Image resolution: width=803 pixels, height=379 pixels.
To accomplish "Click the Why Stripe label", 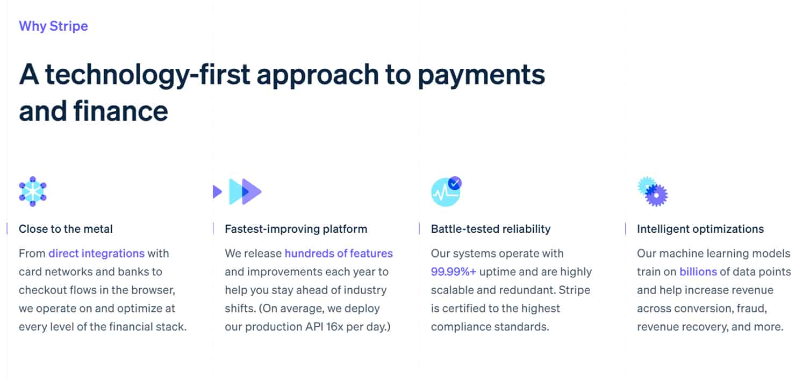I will point(53,26).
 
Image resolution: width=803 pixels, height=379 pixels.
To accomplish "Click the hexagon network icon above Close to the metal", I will point(33,191).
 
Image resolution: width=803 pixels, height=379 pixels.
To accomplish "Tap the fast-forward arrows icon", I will point(238,191).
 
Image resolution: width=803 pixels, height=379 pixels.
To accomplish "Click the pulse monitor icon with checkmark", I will point(446,191).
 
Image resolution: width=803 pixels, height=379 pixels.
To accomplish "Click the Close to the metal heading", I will point(66,229).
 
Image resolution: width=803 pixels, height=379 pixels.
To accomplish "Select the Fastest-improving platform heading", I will point(296,229).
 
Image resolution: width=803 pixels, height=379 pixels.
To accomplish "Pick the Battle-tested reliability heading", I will point(491,229).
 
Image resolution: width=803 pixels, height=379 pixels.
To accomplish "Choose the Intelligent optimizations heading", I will point(700,229).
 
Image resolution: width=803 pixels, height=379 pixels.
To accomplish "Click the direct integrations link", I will point(96,253).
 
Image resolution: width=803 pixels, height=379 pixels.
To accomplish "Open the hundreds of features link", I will point(339,253).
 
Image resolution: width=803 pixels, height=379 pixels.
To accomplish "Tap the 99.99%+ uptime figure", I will point(454,272).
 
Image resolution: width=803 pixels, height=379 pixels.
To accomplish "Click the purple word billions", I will point(698,272).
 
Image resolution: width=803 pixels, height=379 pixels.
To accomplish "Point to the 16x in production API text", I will point(318,327).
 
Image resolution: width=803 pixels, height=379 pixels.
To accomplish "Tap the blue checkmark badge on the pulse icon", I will point(455,183).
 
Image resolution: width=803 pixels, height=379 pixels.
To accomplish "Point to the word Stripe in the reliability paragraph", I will point(574,290).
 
